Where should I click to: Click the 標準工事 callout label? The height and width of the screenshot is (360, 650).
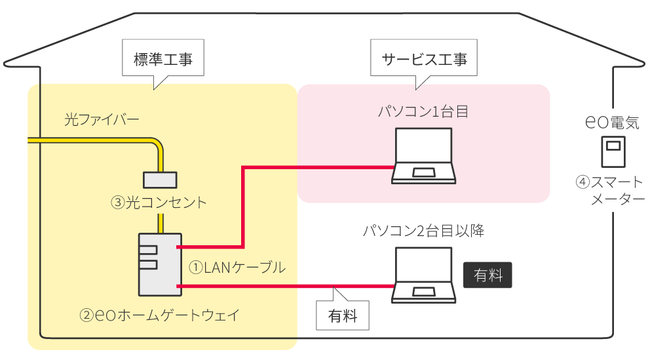pyautogui.click(x=163, y=58)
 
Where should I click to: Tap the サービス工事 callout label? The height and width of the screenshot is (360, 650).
pyautogui.click(x=425, y=58)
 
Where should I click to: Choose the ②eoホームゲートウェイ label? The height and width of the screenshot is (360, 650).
pyautogui.click(x=159, y=315)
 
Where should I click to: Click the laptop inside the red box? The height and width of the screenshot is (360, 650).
pyautogui.click(x=423, y=155)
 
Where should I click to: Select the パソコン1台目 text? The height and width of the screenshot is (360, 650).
pyautogui.click(x=423, y=111)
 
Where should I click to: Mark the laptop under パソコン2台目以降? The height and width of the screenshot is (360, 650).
pyautogui.click(x=423, y=275)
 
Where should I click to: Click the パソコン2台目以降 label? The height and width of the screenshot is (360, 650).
pyautogui.click(x=423, y=231)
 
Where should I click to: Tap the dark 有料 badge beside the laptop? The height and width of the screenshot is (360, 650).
pyautogui.click(x=487, y=275)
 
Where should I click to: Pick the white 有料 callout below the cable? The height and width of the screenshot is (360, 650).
pyautogui.click(x=343, y=315)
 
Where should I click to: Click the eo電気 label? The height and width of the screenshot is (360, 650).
pyautogui.click(x=613, y=122)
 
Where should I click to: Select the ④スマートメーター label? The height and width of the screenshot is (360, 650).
pyautogui.click(x=613, y=190)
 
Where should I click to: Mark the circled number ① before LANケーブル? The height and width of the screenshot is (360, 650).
pyautogui.click(x=196, y=268)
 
